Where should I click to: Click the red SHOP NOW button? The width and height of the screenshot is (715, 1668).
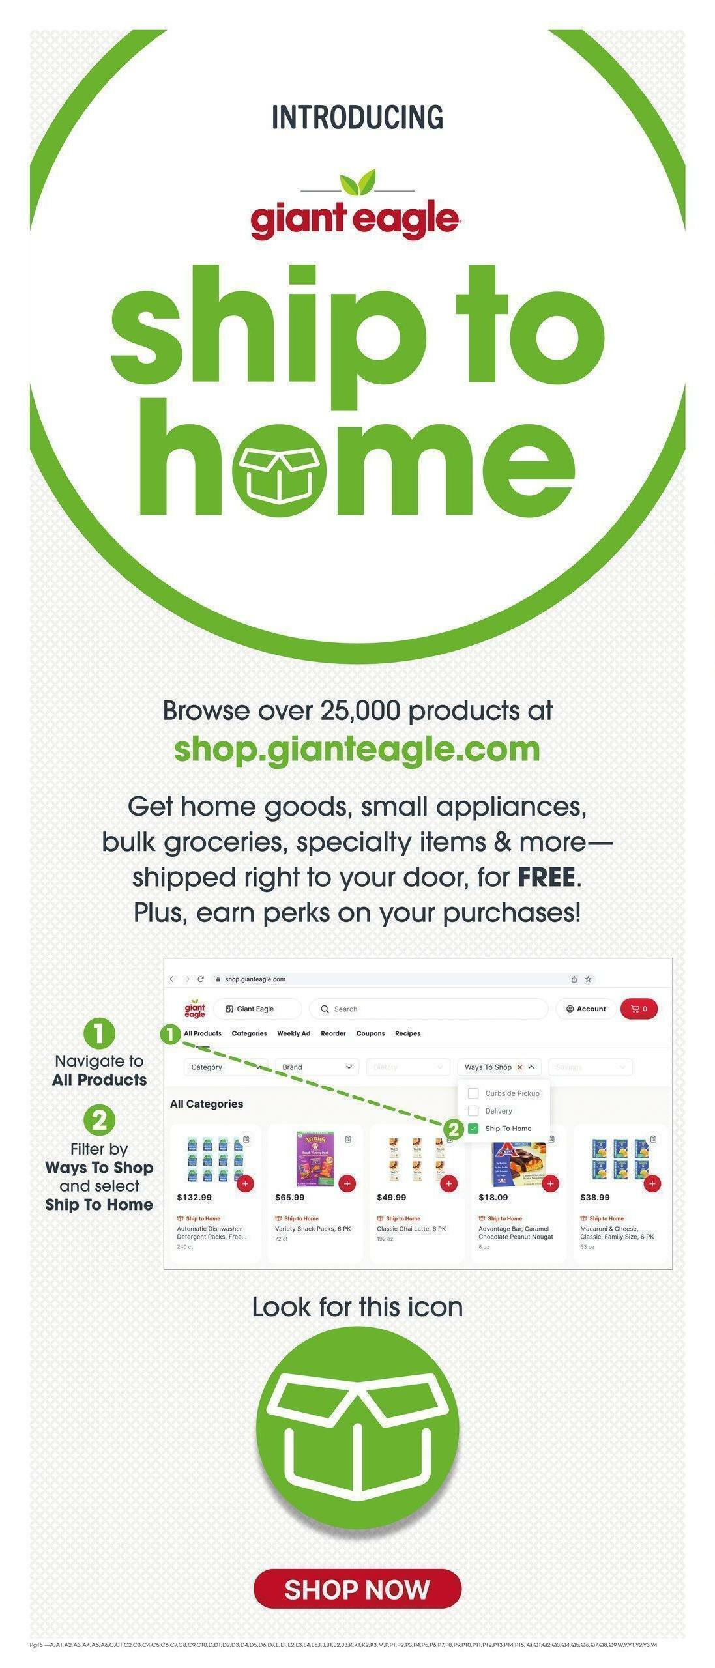pos(357,1589)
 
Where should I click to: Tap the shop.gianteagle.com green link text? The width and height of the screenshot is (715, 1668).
pos(357,749)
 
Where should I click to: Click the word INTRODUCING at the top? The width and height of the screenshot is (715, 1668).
pos(357,117)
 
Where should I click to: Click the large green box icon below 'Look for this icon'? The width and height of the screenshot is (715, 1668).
pos(357,1428)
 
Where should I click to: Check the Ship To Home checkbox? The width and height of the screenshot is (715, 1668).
pos(473,1128)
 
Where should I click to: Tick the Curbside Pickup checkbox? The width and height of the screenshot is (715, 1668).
pos(473,1093)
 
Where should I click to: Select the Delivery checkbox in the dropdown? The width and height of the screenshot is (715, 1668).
pos(473,1110)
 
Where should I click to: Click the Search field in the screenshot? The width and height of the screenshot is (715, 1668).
pos(430,1009)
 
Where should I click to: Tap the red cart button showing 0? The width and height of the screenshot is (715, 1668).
pos(639,1009)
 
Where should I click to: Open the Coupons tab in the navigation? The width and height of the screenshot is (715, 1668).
pos(370,1033)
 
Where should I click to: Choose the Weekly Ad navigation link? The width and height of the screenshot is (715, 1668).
pos(293,1033)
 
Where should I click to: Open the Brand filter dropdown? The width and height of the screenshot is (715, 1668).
pos(317,1067)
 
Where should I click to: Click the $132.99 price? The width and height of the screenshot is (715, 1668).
pos(194,1197)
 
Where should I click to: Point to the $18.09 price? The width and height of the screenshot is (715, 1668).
pos(493,1197)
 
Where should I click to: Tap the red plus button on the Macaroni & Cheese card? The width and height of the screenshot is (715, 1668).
pos(652,1183)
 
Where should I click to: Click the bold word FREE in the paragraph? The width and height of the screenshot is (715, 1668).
pos(546,877)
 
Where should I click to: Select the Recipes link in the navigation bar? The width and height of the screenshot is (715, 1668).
pos(407,1033)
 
